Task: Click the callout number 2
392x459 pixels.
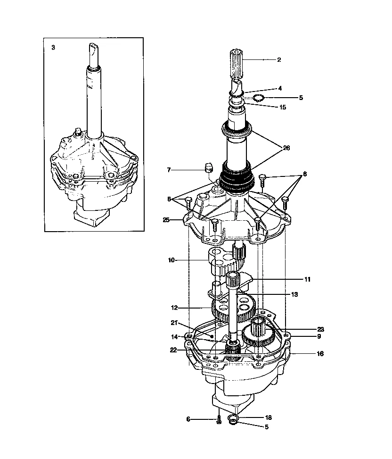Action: coord(279,60)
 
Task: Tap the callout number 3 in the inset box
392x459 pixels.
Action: coord(53,48)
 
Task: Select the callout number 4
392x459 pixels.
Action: coord(280,88)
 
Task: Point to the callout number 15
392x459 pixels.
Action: coord(283,107)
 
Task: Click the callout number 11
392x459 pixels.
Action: coord(307,279)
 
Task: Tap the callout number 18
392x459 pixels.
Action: coord(269,417)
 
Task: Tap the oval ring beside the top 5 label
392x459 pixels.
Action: coord(257,98)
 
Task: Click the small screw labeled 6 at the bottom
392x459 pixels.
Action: coord(219,420)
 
